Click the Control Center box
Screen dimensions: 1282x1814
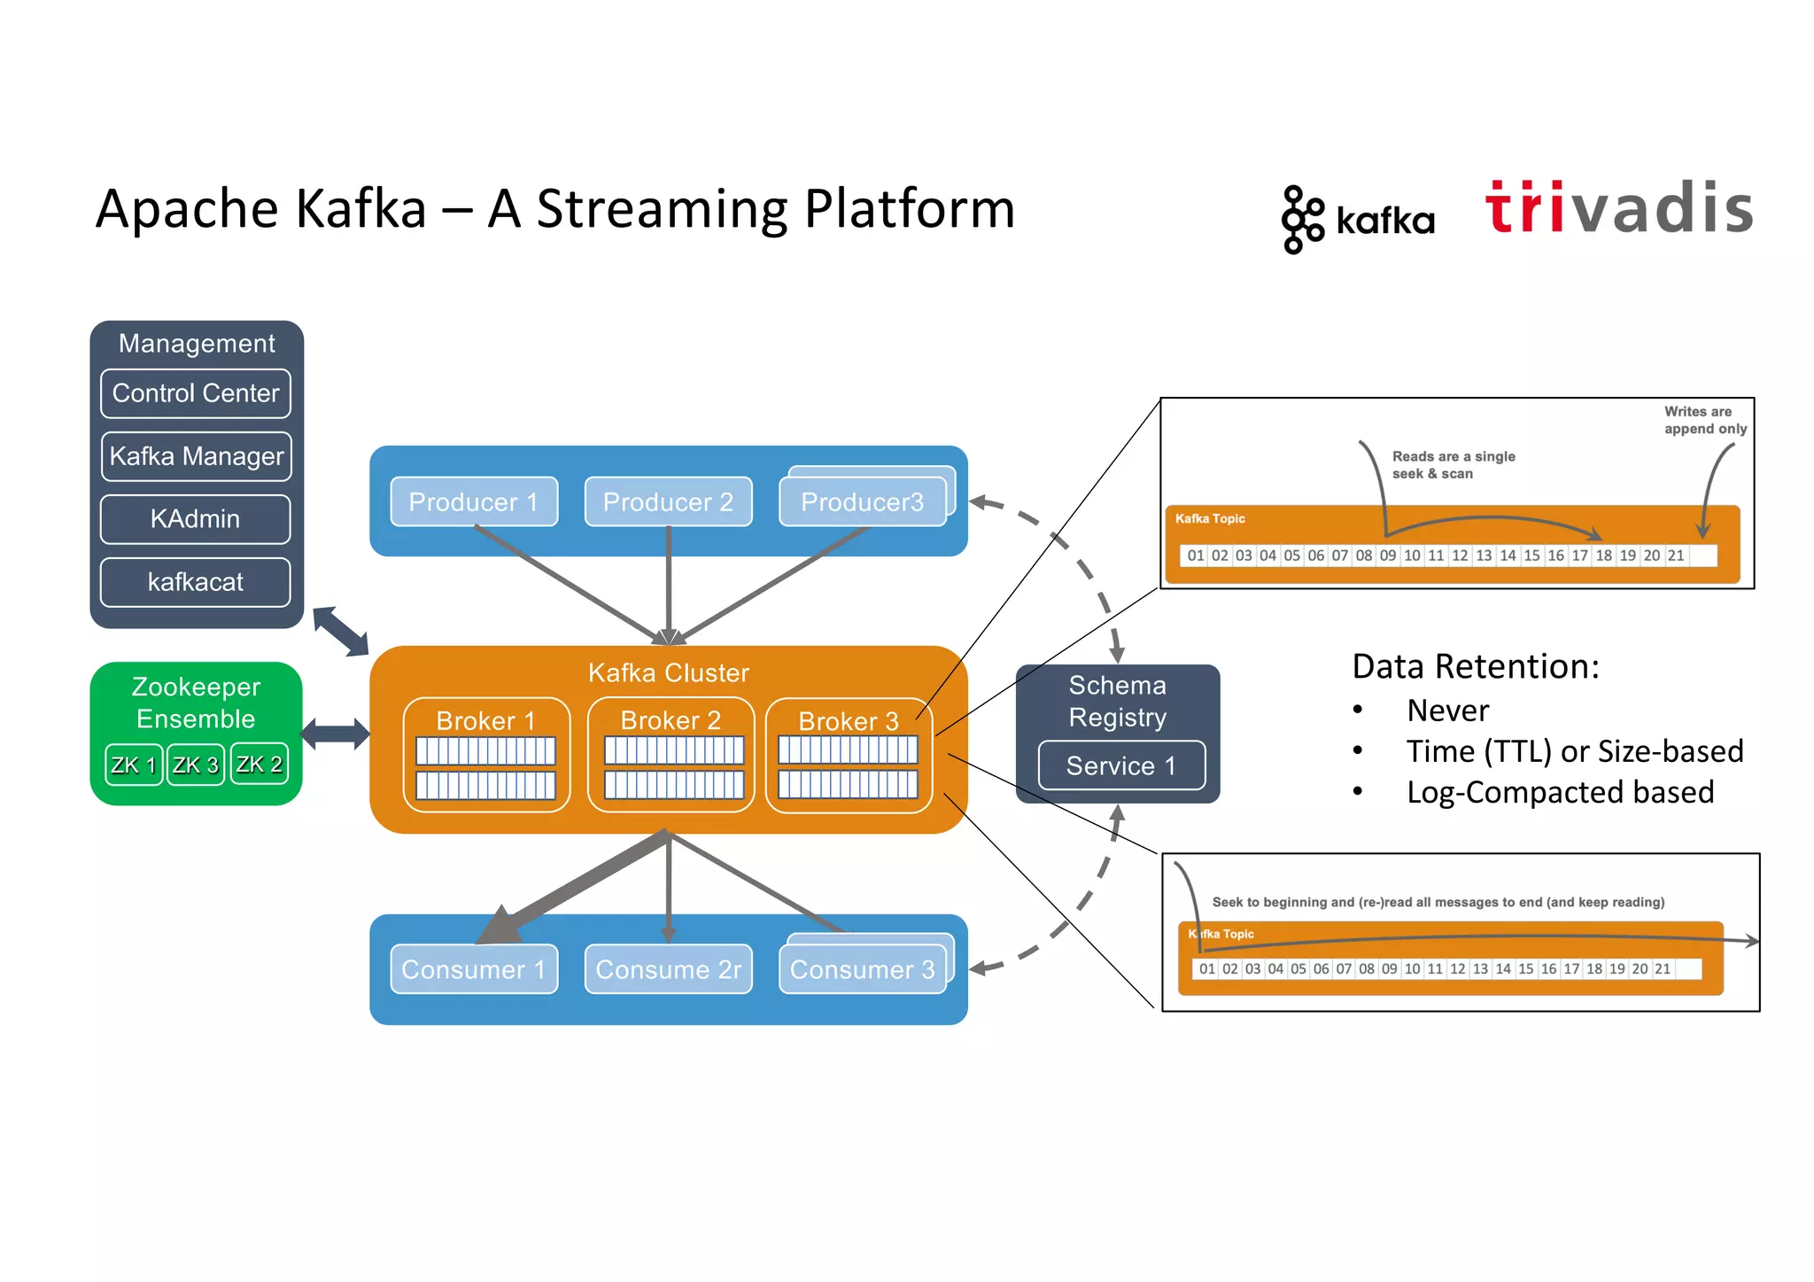coord(196,393)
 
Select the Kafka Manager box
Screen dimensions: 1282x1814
coord(196,456)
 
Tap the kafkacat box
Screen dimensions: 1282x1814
coord(196,582)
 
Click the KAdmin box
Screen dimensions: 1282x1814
coord(196,519)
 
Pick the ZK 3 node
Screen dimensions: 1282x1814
coord(195,765)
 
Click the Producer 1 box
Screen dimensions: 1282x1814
coord(474,502)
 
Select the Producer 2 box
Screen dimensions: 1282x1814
coord(668,502)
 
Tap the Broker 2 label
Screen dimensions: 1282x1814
coord(671,720)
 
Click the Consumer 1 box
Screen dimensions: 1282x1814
coord(474,969)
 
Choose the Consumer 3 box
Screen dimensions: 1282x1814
coord(862,969)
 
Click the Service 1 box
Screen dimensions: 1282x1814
coord(1121,765)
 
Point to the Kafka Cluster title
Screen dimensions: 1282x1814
coord(669,672)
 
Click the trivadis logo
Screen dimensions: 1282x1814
coord(1618,209)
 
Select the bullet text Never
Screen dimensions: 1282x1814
coord(1447,711)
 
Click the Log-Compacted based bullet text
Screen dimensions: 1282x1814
coord(1560,792)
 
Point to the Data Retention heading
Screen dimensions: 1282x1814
coord(1476,666)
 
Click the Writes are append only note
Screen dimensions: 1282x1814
coord(1704,420)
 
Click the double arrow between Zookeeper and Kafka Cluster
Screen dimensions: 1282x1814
coord(336,734)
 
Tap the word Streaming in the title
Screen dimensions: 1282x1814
coord(663,209)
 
